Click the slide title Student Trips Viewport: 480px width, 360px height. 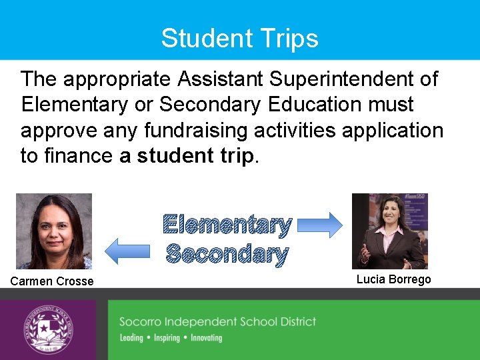239,38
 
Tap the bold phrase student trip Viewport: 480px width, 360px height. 195,156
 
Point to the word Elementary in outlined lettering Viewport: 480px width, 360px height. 227,225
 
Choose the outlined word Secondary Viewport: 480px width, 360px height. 227,254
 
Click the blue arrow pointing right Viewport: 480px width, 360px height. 319,225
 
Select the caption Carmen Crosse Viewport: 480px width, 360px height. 52,281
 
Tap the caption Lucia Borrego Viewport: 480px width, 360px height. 393,279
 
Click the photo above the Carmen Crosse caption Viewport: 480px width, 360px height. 53,231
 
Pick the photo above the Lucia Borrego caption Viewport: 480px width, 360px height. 389,231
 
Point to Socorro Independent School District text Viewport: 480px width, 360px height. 217,322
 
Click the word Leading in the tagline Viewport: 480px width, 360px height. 131,338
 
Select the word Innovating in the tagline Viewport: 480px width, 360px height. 206,338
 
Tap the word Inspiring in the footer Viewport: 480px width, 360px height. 167,338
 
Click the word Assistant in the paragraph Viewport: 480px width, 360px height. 221,79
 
